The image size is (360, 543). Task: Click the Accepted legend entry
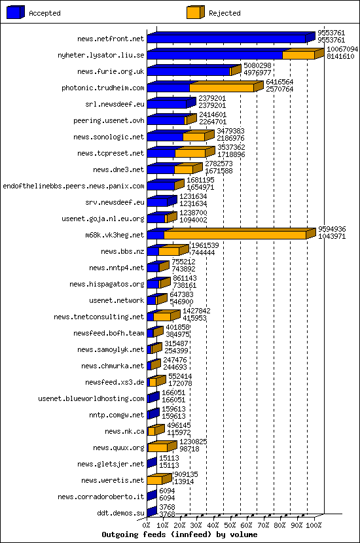pyautogui.click(x=44, y=13)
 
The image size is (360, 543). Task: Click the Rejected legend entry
pyautogui.click(x=224, y=13)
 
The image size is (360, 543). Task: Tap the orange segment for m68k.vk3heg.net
pyautogui.click(x=235, y=235)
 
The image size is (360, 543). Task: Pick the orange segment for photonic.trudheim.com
pyautogui.click(x=221, y=88)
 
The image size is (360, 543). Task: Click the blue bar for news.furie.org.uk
pyautogui.click(x=189, y=71)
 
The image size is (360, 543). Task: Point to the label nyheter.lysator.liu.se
pyautogui.click(x=101, y=55)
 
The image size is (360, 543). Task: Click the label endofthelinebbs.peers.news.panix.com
pyautogui.click(x=73, y=186)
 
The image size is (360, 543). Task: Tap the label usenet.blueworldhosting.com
pyautogui.click(x=91, y=398)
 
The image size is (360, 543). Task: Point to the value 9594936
pyautogui.click(x=332, y=229)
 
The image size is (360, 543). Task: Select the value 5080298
pyautogui.click(x=257, y=65)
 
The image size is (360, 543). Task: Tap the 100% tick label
pyautogui.click(x=314, y=525)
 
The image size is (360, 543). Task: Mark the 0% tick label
pyautogui.click(x=147, y=525)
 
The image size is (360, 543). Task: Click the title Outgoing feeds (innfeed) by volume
pyautogui.click(x=179, y=534)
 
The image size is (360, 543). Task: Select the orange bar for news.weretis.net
pyautogui.click(x=154, y=480)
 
